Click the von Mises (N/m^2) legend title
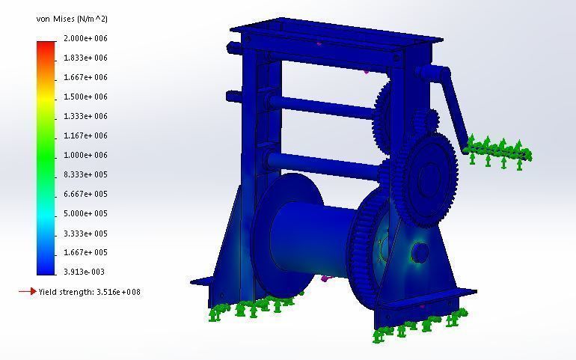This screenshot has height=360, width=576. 71,19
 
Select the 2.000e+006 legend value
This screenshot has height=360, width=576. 85,38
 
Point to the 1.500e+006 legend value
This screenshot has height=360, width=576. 85,97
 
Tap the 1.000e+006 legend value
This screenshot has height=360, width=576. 85,155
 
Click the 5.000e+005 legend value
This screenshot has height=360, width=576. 85,213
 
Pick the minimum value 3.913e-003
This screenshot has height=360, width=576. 85,272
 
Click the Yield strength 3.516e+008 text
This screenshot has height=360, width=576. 90,292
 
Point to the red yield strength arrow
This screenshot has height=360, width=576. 27,291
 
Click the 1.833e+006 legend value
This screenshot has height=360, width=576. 85,58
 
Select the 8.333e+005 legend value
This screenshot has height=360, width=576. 85,174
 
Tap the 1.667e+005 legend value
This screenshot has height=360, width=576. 85,252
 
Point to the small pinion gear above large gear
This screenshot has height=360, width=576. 430,121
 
